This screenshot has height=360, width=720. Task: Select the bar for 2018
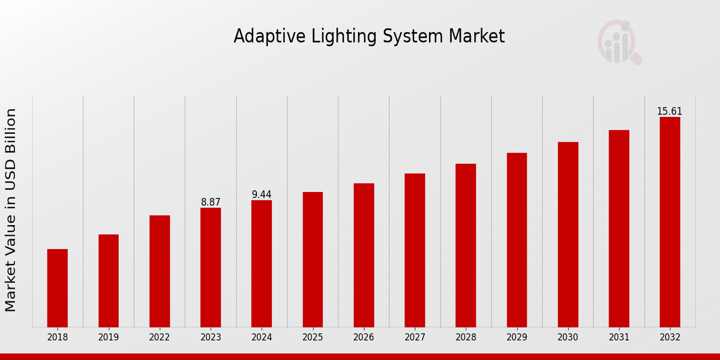click(58, 288)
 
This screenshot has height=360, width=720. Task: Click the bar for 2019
click(109, 281)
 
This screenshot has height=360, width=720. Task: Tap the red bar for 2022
click(160, 271)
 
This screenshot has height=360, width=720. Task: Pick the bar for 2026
click(364, 255)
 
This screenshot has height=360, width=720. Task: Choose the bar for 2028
click(466, 245)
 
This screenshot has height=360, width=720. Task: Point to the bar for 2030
click(568, 235)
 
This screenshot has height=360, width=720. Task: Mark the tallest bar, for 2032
click(670, 222)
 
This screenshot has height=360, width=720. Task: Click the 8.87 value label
click(211, 202)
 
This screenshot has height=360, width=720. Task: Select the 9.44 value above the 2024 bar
click(262, 194)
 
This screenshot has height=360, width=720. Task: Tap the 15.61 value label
click(670, 112)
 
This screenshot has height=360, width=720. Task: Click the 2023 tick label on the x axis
click(211, 338)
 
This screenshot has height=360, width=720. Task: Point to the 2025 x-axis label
click(313, 338)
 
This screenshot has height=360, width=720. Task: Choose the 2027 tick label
click(415, 338)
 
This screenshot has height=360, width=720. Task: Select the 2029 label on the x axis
click(517, 338)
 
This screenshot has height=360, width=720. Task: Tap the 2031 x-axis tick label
click(619, 338)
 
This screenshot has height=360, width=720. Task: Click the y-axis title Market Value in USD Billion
click(11, 210)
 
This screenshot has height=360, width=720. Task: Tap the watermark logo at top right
click(618, 42)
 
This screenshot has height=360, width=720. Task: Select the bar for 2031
click(619, 229)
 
